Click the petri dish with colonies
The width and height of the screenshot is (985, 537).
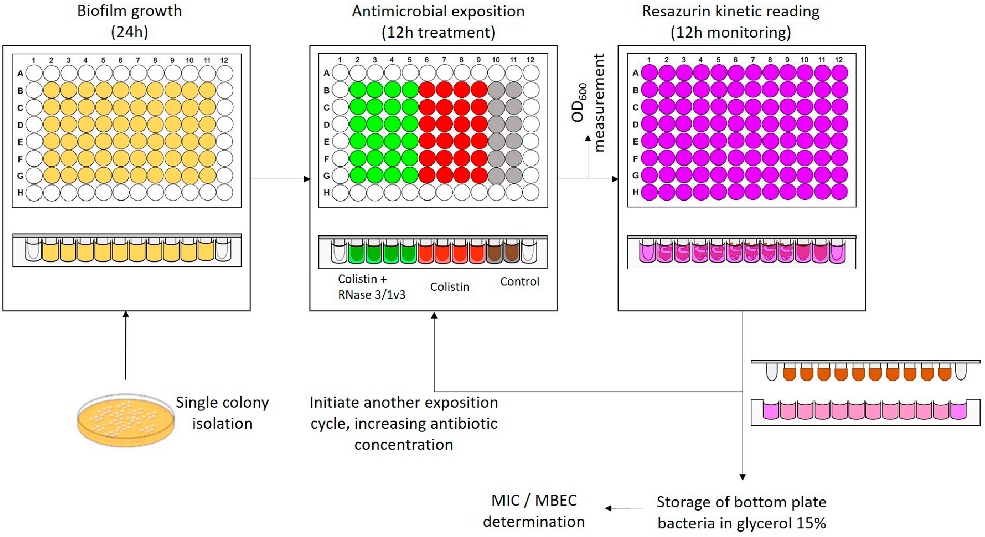click(126, 420)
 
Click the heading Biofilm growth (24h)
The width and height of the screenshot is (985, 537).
click(129, 21)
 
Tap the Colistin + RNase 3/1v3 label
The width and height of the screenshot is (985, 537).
click(371, 286)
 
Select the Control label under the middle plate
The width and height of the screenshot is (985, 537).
click(520, 282)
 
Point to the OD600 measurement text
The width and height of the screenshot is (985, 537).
click(588, 103)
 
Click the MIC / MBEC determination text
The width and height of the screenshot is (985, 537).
click(534, 511)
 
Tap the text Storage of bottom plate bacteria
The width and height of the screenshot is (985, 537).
click(742, 512)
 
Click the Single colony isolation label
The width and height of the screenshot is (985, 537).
click(222, 413)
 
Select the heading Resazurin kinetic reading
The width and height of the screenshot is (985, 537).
click(731, 22)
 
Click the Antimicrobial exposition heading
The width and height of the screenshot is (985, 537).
click(438, 22)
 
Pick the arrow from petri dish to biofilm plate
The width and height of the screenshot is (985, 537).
click(126, 345)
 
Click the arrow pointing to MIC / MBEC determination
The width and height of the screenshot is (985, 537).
click(628, 508)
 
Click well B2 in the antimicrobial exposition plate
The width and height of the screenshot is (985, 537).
click(357, 90)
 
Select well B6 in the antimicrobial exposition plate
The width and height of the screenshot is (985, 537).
click(427, 90)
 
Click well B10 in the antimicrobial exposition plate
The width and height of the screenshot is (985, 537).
click(496, 90)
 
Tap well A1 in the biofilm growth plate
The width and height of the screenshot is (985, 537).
click(34, 73)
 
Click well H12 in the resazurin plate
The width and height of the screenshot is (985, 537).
click(839, 192)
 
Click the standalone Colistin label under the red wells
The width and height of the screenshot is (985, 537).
click(449, 287)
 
